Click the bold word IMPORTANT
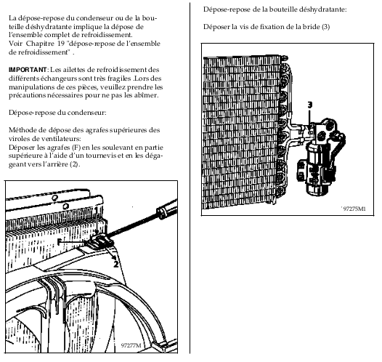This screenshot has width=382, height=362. click(x=28, y=70)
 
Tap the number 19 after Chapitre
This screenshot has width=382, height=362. click(x=62, y=44)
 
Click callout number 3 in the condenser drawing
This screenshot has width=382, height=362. click(x=309, y=105)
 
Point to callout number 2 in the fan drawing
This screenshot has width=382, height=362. click(x=116, y=264)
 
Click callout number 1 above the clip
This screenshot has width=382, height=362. click(x=97, y=211)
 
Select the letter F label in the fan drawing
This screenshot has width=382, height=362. click(x=60, y=241)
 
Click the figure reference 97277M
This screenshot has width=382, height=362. click(x=131, y=345)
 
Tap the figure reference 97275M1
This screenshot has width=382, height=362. click(x=354, y=209)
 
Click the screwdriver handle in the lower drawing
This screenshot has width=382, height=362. click(x=167, y=209)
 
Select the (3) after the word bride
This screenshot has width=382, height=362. click(x=326, y=27)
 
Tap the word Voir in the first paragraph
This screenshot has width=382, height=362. click(x=16, y=44)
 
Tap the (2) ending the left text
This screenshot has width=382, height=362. click(x=75, y=164)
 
